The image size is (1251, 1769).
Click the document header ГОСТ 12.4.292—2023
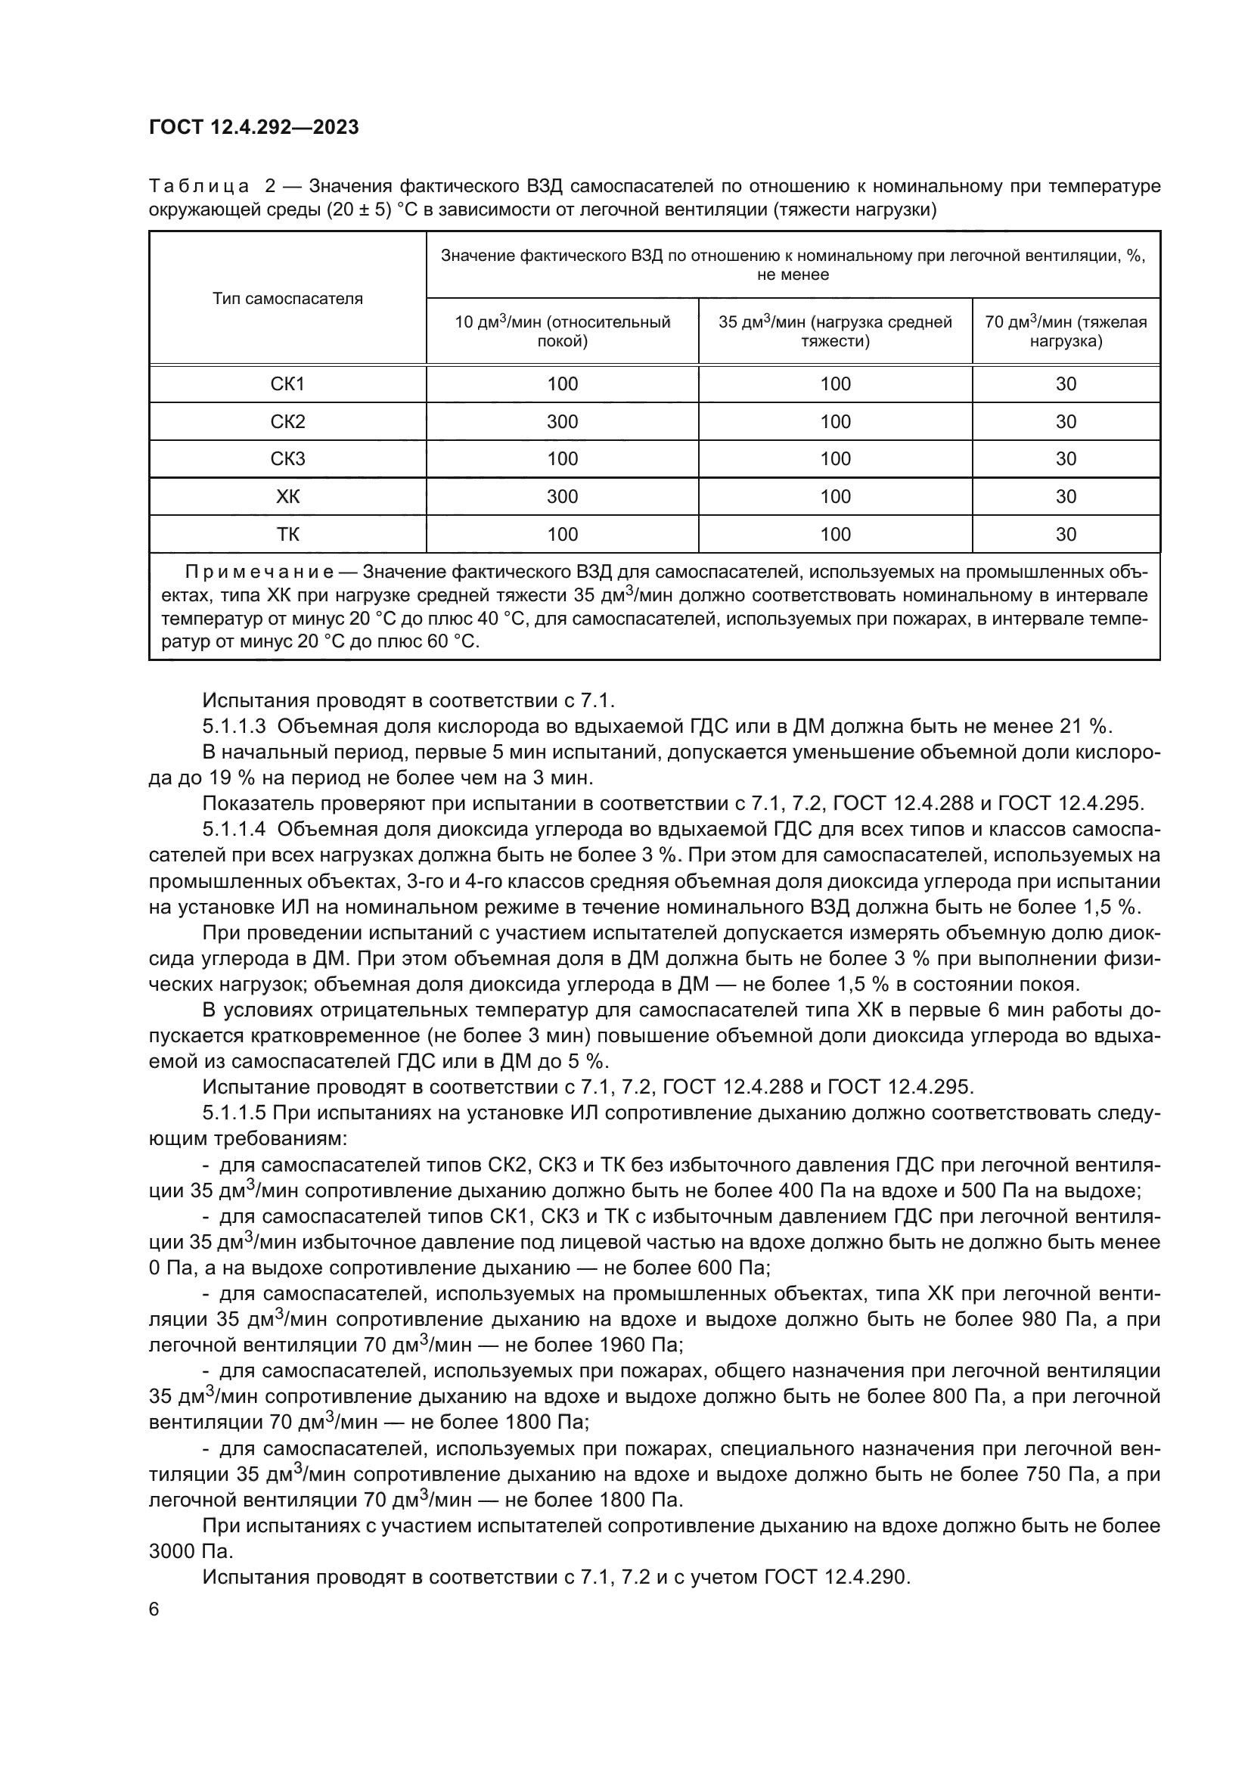(x=253, y=127)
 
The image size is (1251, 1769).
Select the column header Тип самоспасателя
(x=287, y=299)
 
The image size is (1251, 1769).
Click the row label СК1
(x=287, y=383)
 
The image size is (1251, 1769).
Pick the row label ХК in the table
(x=287, y=497)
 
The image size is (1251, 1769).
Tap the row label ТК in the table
(x=287, y=535)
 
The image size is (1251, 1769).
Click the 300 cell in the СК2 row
(x=562, y=421)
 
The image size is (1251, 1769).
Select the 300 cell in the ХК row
(x=562, y=497)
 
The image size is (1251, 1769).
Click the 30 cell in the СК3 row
(x=1066, y=459)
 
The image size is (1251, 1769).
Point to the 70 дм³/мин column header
(x=1066, y=331)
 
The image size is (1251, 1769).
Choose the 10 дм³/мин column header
(x=562, y=331)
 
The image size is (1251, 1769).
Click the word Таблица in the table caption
(x=199, y=187)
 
